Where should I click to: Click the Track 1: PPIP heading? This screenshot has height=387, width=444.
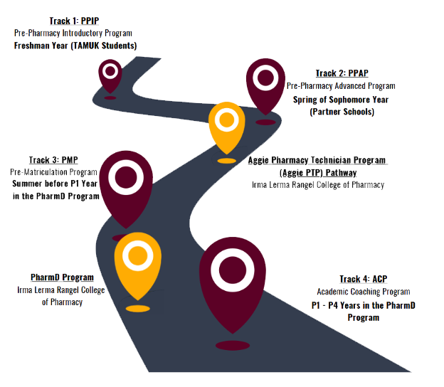(x=73, y=21)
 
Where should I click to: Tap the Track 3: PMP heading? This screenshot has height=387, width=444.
(x=53, y=160)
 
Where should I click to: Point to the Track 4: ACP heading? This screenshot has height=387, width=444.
(x=363, y=279)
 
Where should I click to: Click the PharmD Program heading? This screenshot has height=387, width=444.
(x=62, y=277)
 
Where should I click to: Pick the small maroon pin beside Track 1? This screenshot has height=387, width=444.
(x=110, y=74)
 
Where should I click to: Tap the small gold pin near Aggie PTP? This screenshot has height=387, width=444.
(x=226, y=125)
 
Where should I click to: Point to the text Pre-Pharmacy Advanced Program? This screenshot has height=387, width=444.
(x=341, y=86)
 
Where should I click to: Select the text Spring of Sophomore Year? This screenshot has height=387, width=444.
(x=342, y=100)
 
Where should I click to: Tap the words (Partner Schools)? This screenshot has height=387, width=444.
(x=342, y=112)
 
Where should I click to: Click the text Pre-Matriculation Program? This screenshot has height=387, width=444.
(x=53, y=172)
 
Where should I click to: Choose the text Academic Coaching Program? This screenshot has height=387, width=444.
(x=363, y=292)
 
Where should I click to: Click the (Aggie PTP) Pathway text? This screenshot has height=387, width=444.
(x=317, y=172)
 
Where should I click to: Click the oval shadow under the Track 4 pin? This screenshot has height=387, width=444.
(x=233, y=345)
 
